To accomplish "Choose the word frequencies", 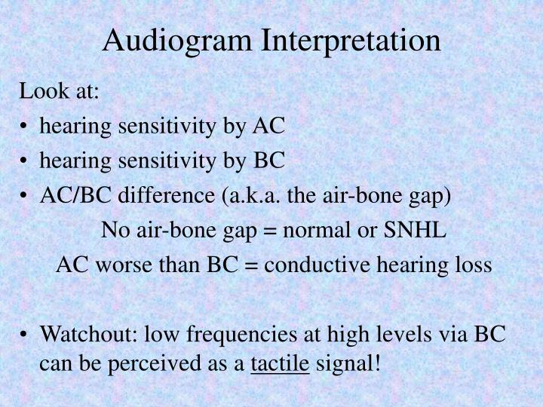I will click(242, 334).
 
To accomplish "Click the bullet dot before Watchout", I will click(26, 334).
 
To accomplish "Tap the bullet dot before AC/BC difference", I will click(26, 195).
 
